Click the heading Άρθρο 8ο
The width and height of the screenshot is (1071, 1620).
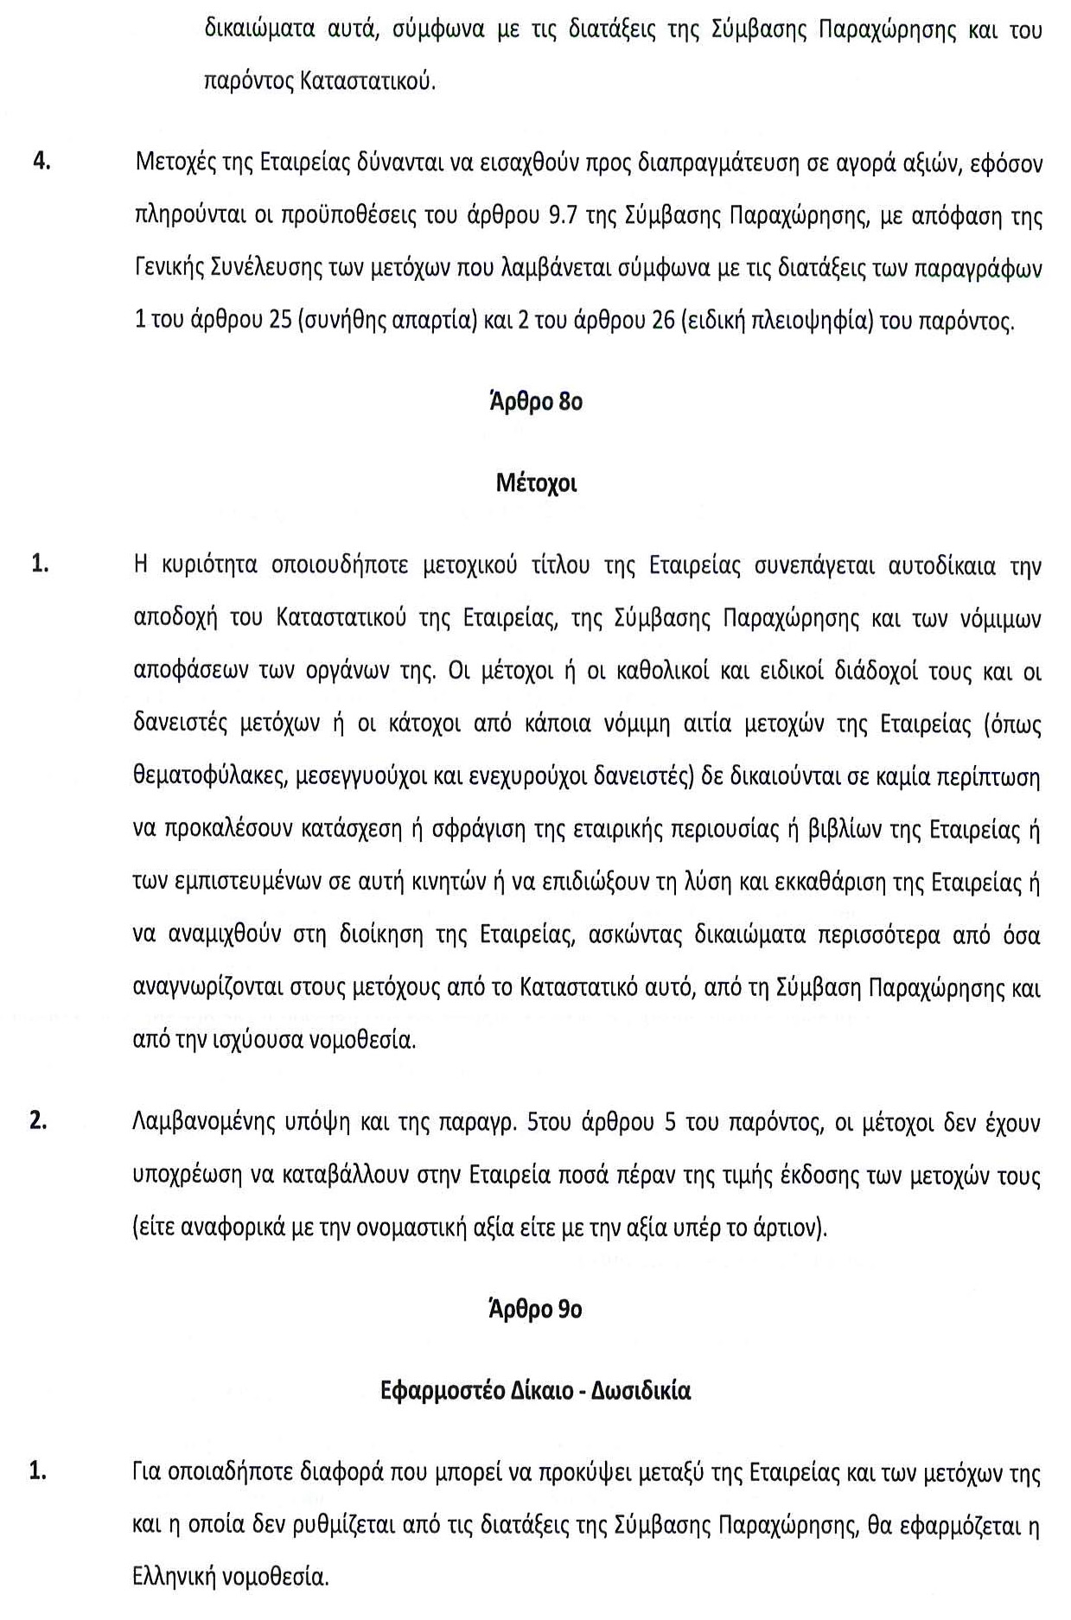point(536,402)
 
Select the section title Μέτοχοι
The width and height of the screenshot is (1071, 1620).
point(536,483)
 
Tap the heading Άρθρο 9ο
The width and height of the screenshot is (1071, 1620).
point(536,1310)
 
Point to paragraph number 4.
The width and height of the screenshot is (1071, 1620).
point(41,163)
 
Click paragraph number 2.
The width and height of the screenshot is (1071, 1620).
point(38,1121)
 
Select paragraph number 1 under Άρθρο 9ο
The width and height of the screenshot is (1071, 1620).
point(38,1470)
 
